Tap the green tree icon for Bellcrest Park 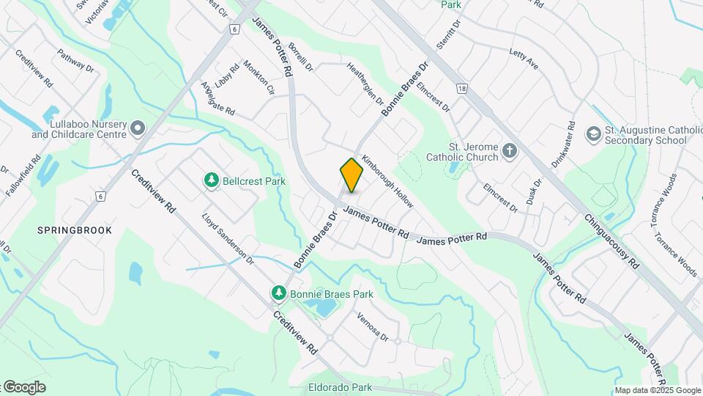click(x=212, y=180)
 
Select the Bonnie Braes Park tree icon click(x=278, y=294)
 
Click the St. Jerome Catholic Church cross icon click(x=510, y=153)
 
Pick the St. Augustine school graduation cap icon click(x=592, y=134)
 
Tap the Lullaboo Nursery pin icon click(x=138, y=130)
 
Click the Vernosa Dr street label click(x=371, y=326)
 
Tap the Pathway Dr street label click(x=76, y=60)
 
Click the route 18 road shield click(x=461, y=89)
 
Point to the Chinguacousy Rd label click(x=612, y=241)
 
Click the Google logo click(x=23, y=387)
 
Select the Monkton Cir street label click(x=258, y=78)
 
